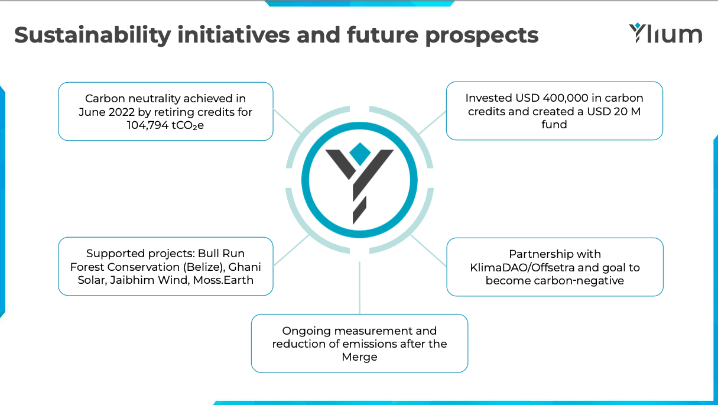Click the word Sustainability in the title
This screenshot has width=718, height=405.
[x=92, y=35]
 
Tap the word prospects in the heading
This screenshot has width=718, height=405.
[x=482, y=36]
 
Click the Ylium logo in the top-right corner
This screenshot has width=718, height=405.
[x=665, y=33]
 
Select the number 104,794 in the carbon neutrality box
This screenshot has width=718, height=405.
[x=147, y=125]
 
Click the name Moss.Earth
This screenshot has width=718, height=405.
[x=223, y=280]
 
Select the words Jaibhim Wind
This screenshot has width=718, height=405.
[x=150, y=280]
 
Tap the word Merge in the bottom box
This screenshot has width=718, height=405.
[x=359, y=357]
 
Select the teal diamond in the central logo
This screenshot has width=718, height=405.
[x=360, y=154]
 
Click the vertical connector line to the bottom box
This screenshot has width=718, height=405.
[x=359, y=287]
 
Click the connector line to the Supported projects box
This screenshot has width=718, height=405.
[x=291, y=251]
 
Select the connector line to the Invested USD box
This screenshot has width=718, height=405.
[x=433, y=122]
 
